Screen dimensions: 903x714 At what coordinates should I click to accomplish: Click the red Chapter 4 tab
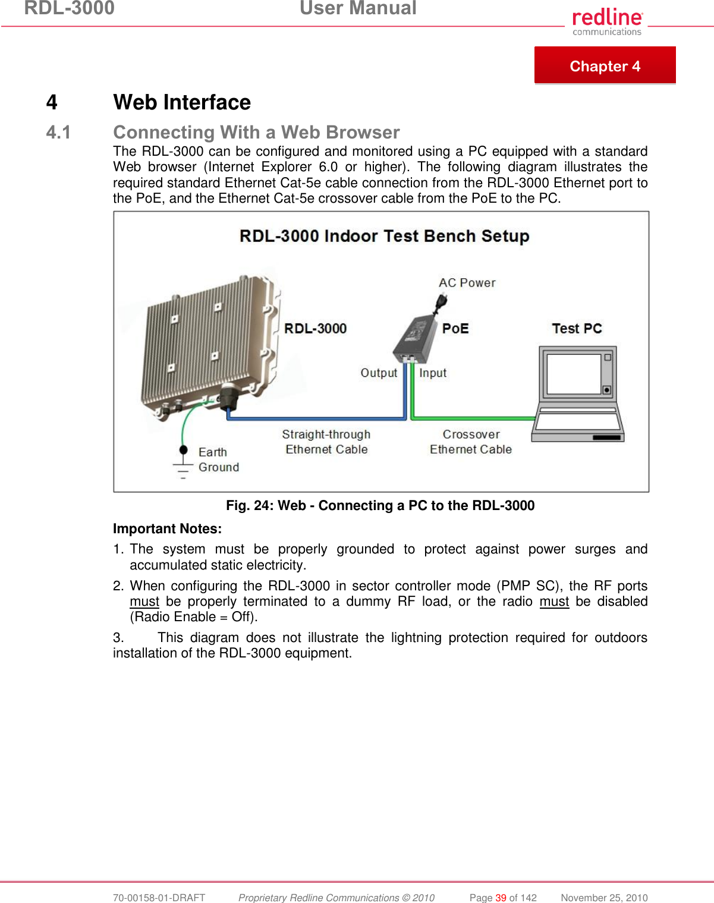(605, 65)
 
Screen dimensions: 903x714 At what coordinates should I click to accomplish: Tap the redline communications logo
(607, 22)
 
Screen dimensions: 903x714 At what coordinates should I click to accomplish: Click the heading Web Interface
(182, 102)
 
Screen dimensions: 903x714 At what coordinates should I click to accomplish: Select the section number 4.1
(58, 132)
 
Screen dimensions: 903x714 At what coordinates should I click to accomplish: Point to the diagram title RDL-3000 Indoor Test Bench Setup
(384, 236)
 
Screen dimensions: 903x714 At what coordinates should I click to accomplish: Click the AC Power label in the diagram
(467, 283)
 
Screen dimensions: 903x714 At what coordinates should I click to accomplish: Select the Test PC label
(577, 329)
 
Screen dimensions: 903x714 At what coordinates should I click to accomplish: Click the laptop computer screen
(574, 374)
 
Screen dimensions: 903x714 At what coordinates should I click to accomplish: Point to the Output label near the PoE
(379, 373)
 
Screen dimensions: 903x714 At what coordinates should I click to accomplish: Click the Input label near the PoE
(433, 373)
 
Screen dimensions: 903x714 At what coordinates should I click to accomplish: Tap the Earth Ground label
(218, 460)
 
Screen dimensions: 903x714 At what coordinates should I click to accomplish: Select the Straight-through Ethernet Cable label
(326, 442)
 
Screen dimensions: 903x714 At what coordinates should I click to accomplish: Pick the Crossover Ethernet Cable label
(471, 442)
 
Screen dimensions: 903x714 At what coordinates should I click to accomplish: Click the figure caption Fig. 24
(380, 505)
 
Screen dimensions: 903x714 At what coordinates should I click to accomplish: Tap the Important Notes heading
(167, 528)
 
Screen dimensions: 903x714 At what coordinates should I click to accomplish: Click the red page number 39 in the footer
(501, 898)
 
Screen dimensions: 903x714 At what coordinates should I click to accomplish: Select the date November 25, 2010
(604, 898)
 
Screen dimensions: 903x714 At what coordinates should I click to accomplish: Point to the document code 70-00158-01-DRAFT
(159, 898)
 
